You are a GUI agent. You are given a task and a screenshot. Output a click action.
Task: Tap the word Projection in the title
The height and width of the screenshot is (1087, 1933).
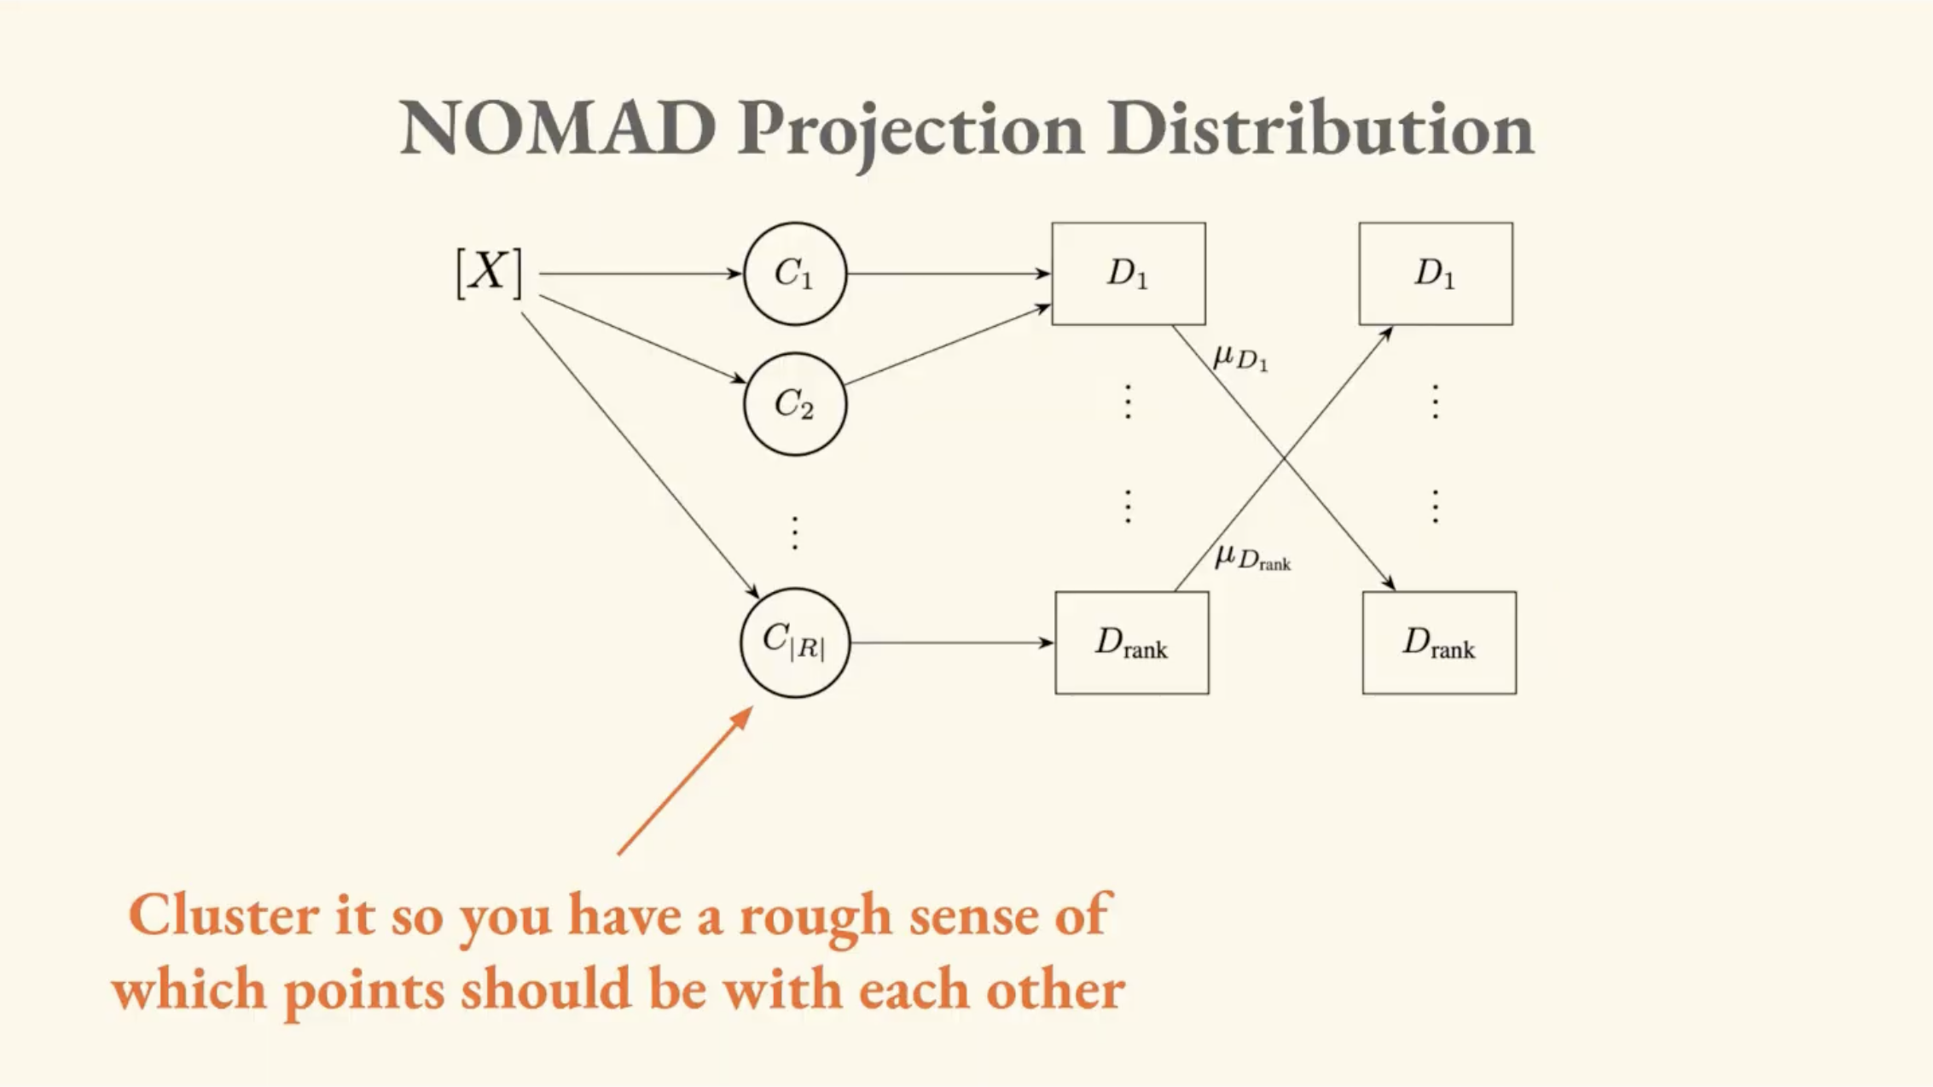pos(910,132)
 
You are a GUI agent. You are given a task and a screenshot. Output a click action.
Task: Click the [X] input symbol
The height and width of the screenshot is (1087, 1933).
pos(489,273)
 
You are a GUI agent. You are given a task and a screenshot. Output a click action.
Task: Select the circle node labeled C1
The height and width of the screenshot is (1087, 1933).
pos(795,274)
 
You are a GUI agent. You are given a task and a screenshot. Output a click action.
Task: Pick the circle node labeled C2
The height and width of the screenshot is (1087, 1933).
pos(795,404)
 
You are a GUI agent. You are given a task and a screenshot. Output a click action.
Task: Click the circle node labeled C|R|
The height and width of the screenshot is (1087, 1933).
pos(795,642)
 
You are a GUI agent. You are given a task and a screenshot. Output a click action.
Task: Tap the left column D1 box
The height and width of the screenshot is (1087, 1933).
pos(1128,274)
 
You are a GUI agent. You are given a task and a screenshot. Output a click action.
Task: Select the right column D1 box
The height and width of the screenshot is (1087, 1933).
pos(1436,274)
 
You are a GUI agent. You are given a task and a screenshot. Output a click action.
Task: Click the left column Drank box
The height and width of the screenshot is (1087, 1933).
pos(1131,642)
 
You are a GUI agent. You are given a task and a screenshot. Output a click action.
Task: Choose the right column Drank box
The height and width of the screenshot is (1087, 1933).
pos(1439,642)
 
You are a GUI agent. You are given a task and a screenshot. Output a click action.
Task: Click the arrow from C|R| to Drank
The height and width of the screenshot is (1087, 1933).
pos(951,642)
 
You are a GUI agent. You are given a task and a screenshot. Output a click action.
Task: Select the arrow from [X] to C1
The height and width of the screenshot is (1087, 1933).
pos(640,274)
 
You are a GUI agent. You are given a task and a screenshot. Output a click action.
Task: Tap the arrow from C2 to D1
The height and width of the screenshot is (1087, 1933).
pos(947,346)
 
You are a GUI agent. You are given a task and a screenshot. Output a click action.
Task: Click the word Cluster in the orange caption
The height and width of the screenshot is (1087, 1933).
pos(223,916)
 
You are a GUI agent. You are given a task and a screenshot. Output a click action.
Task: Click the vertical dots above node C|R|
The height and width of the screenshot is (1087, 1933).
pos(795,533)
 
